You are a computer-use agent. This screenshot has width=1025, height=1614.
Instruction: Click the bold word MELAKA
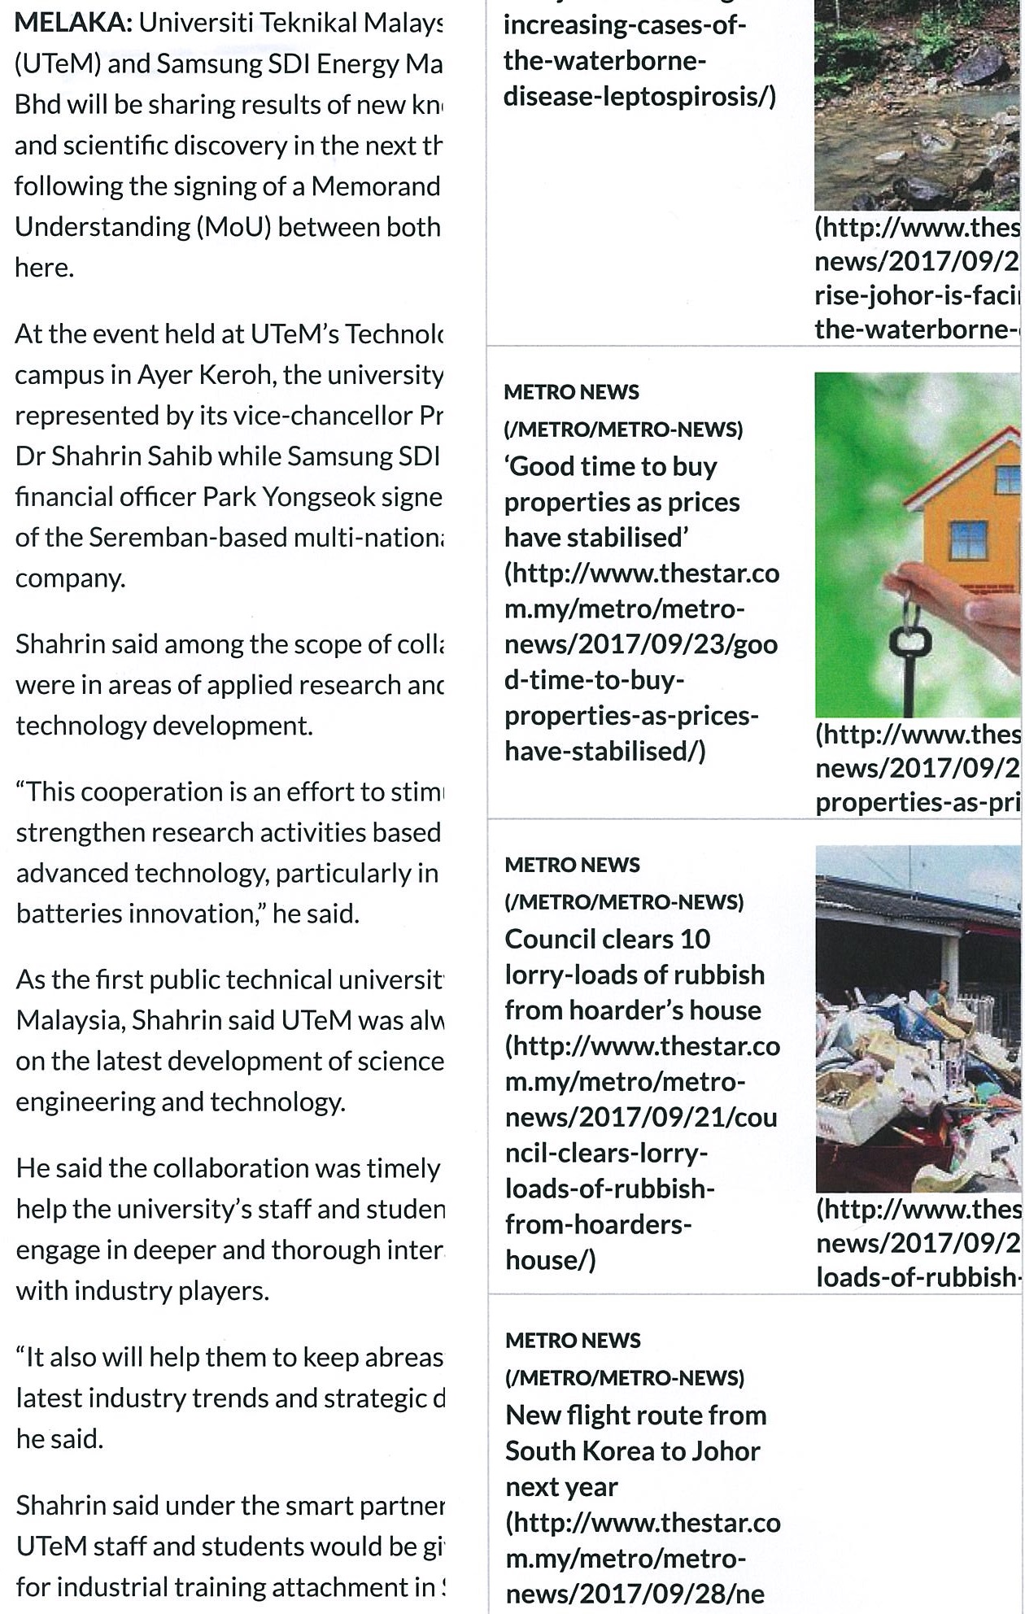[72, 23]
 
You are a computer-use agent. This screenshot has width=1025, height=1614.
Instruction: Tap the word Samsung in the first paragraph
[201, 64]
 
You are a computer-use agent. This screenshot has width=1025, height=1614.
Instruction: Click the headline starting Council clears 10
[608, 939]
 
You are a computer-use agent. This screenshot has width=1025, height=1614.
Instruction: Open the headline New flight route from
[635, 1415]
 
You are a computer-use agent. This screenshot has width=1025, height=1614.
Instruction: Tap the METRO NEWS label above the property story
[572, 392]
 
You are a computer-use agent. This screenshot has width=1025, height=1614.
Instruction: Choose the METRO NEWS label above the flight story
[573, 1340]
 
